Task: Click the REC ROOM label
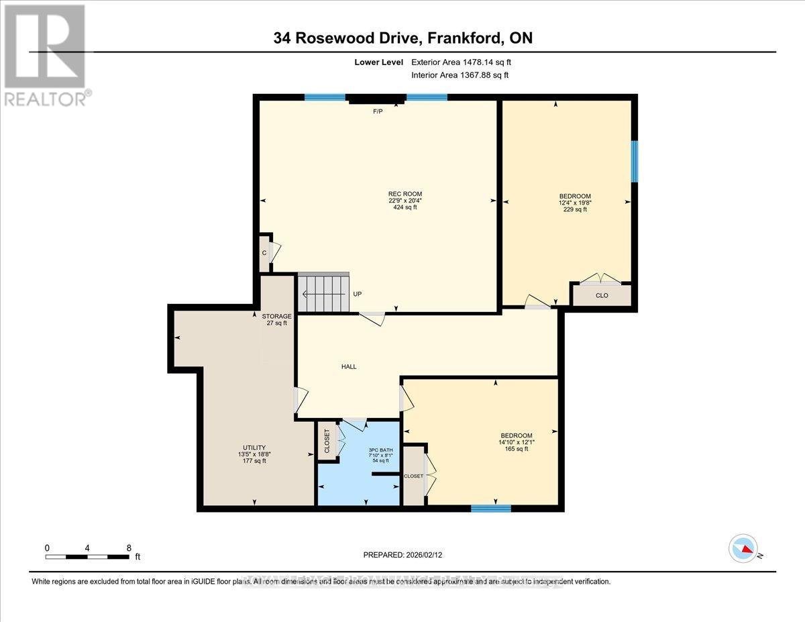(x=405, y=194)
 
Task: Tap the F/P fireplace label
(x=378, y=111)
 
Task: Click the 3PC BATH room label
(x=380, y=450)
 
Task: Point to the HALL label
(x=348, y=366)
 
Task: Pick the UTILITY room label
(x=254, y=448)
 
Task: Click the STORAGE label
(x=276, y=315)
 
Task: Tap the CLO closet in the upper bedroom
(x=602, y=295)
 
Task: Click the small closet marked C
(x=264, y=253)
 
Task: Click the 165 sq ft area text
(x=516, y=449)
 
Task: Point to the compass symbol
(x=743, y=548)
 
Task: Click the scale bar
(x=87, y=556)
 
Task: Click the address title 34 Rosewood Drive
(x=402, y=38)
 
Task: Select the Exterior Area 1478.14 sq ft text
(x=465, y=62)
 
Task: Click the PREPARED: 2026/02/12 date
(x=402, y=555)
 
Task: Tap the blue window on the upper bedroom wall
(x=634, y=161)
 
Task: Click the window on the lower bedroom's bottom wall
(x=490, y=508)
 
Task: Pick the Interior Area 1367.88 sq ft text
(x=460, y=75)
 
